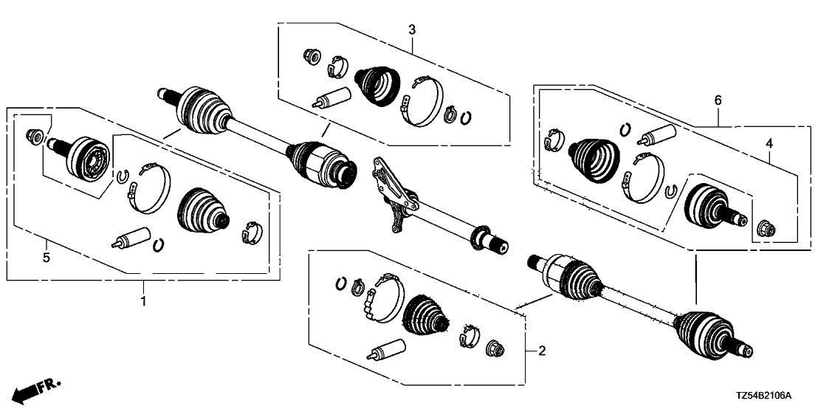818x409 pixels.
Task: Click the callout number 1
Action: (143, 300)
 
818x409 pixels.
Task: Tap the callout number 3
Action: (412, 30)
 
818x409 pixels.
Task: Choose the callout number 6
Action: (717, 100)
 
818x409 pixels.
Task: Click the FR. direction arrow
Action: (37, 388)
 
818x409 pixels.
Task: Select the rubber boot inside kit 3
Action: (379, 83)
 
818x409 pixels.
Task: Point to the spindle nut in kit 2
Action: (494, 346)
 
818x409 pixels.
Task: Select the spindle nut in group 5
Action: (32, 136)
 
